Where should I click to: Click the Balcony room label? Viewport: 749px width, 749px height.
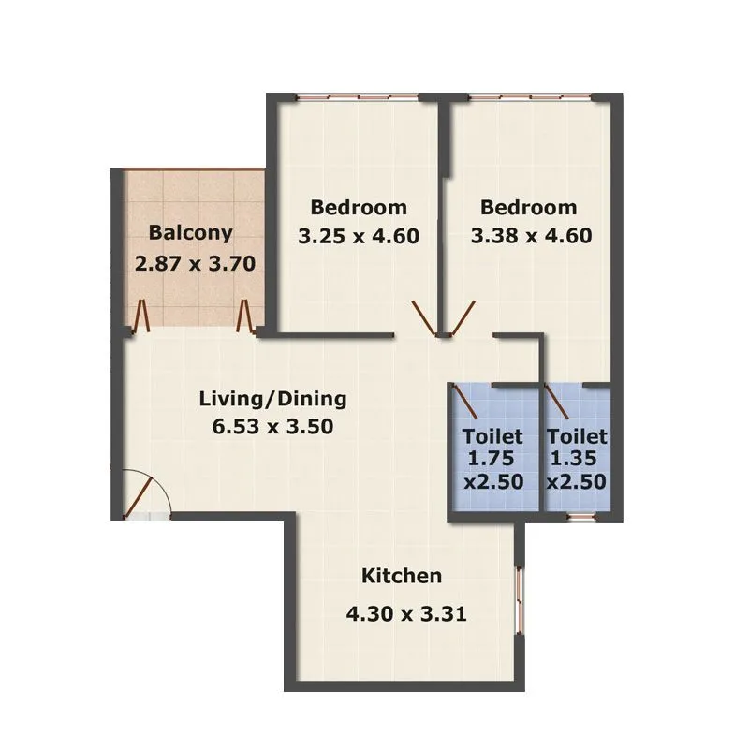[190, 233]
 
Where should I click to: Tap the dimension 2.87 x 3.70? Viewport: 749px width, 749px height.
[195, 263]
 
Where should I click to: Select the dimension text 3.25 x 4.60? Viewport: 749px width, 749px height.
[359, 236]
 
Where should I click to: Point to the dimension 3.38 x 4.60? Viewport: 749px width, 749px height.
[531, 236]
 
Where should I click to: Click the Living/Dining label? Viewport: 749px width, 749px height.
[272, 399]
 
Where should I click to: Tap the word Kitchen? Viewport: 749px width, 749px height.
[402, 576]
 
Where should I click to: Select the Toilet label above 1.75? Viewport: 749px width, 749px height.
[492, 436]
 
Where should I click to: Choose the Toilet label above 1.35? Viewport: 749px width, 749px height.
[577, 436]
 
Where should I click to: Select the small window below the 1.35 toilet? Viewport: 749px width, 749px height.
[581, 515]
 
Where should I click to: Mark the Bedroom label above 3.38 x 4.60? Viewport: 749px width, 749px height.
[528, 207]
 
